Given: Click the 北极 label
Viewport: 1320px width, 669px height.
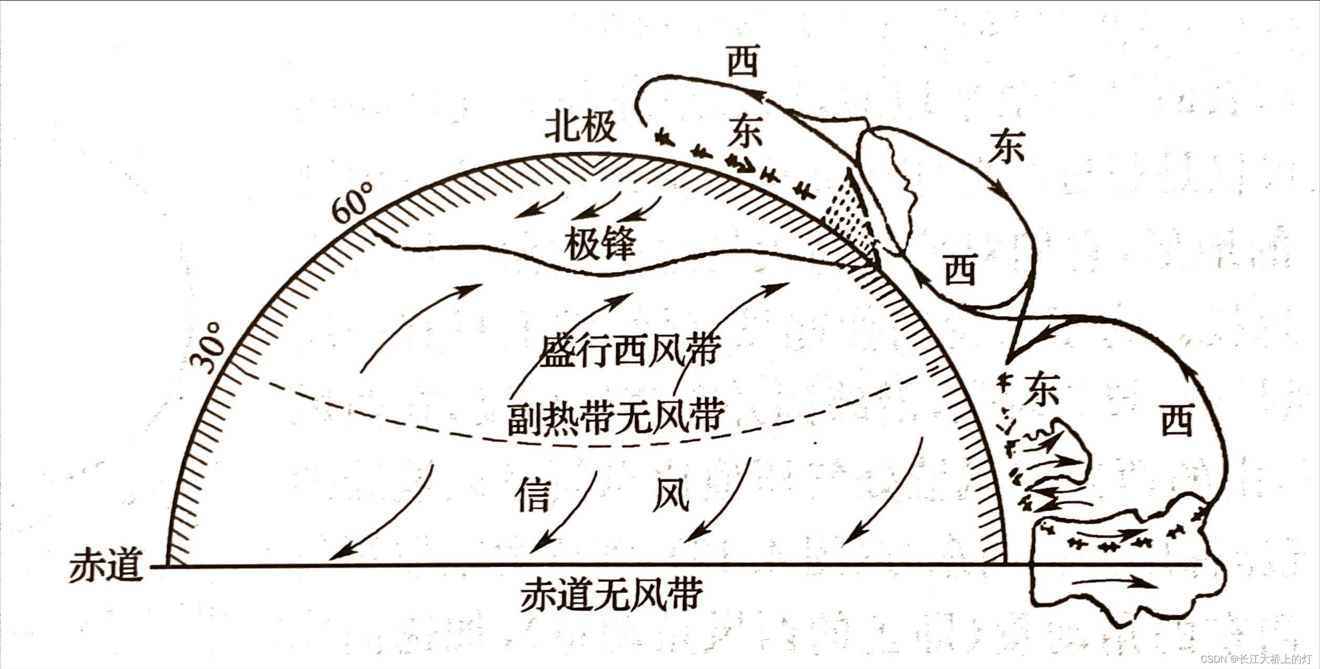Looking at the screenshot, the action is tap(580, 128).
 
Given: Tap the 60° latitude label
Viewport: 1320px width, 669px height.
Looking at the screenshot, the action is tap(351, 203).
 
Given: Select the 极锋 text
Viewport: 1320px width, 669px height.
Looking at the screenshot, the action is tap(600, 245).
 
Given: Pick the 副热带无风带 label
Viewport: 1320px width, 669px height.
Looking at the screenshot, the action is tap(616, 417).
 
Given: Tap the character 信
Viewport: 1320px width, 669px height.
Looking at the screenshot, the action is tap(533, 495).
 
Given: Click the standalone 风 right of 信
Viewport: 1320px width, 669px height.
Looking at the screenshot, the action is tap(671, 495).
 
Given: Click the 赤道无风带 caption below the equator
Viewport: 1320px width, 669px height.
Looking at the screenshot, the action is tap(612, 594).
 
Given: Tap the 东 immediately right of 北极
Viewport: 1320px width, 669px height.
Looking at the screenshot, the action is tap(744, 132).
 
